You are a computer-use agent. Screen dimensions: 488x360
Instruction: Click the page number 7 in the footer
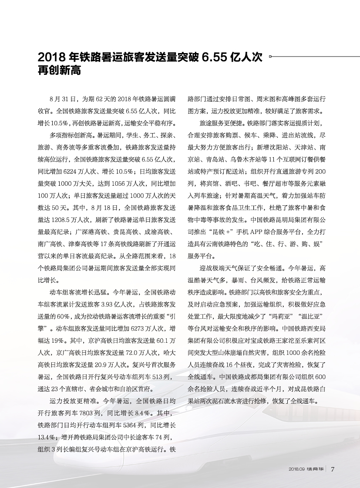tap(333, 469)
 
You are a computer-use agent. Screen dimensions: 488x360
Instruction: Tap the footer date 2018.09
tap(297, 469)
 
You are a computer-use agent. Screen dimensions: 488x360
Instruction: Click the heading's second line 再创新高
tap(60, 70)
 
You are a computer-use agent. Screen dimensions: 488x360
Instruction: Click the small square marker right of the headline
tap(270, 56)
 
